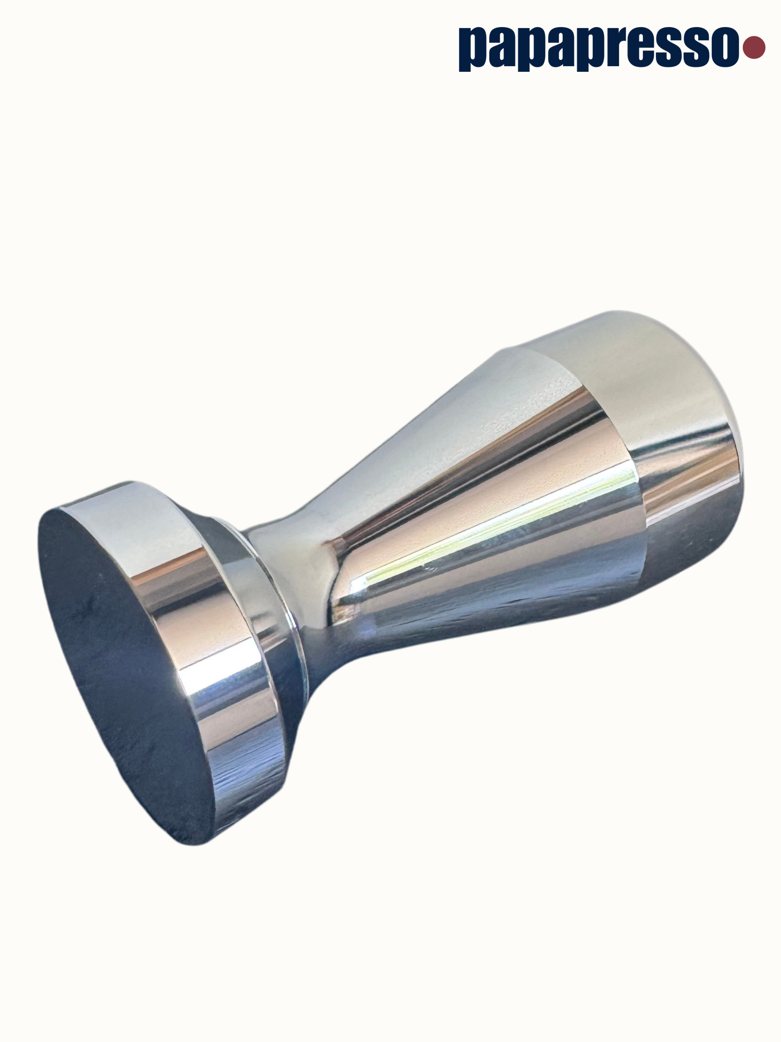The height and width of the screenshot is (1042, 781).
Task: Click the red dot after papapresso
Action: point(754,47)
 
